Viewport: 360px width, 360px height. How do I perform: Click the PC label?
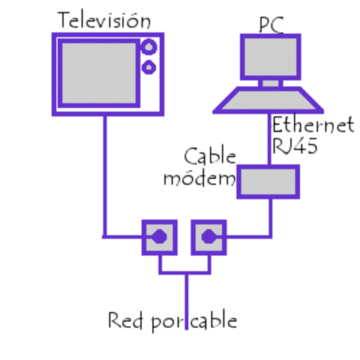click(271, 24)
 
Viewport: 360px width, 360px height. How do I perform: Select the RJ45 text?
click(295, 145)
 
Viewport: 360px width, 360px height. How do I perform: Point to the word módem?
click(199, 178)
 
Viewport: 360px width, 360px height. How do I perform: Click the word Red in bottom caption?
click(126, 322)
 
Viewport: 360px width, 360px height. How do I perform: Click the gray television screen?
click(97, 73)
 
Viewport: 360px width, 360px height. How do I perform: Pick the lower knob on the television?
click(149, 68)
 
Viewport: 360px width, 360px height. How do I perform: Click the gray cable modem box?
click(268, 181)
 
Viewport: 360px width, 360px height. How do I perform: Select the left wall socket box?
click(159, 238)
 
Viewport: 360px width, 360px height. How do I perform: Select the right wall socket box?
click(208, 238)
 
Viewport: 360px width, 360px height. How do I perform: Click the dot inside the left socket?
click(159, 238)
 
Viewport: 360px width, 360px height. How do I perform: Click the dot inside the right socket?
click(208, 238)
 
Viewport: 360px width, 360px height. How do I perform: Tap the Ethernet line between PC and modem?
click(270, 142)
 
